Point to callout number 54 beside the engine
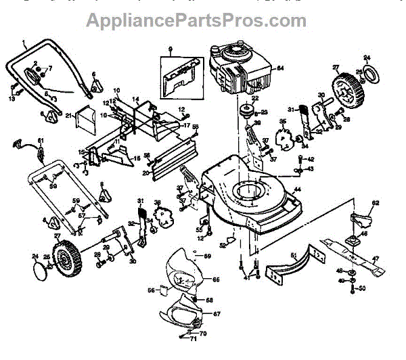pos(280,68)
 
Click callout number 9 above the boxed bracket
pos(171,49)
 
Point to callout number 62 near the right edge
pos(376,203)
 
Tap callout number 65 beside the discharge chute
pos(217,279)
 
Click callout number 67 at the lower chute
pos(217,314)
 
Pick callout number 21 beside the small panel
pos(69,116)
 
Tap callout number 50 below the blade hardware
pos(363,289)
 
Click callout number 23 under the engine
pos(265,112)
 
